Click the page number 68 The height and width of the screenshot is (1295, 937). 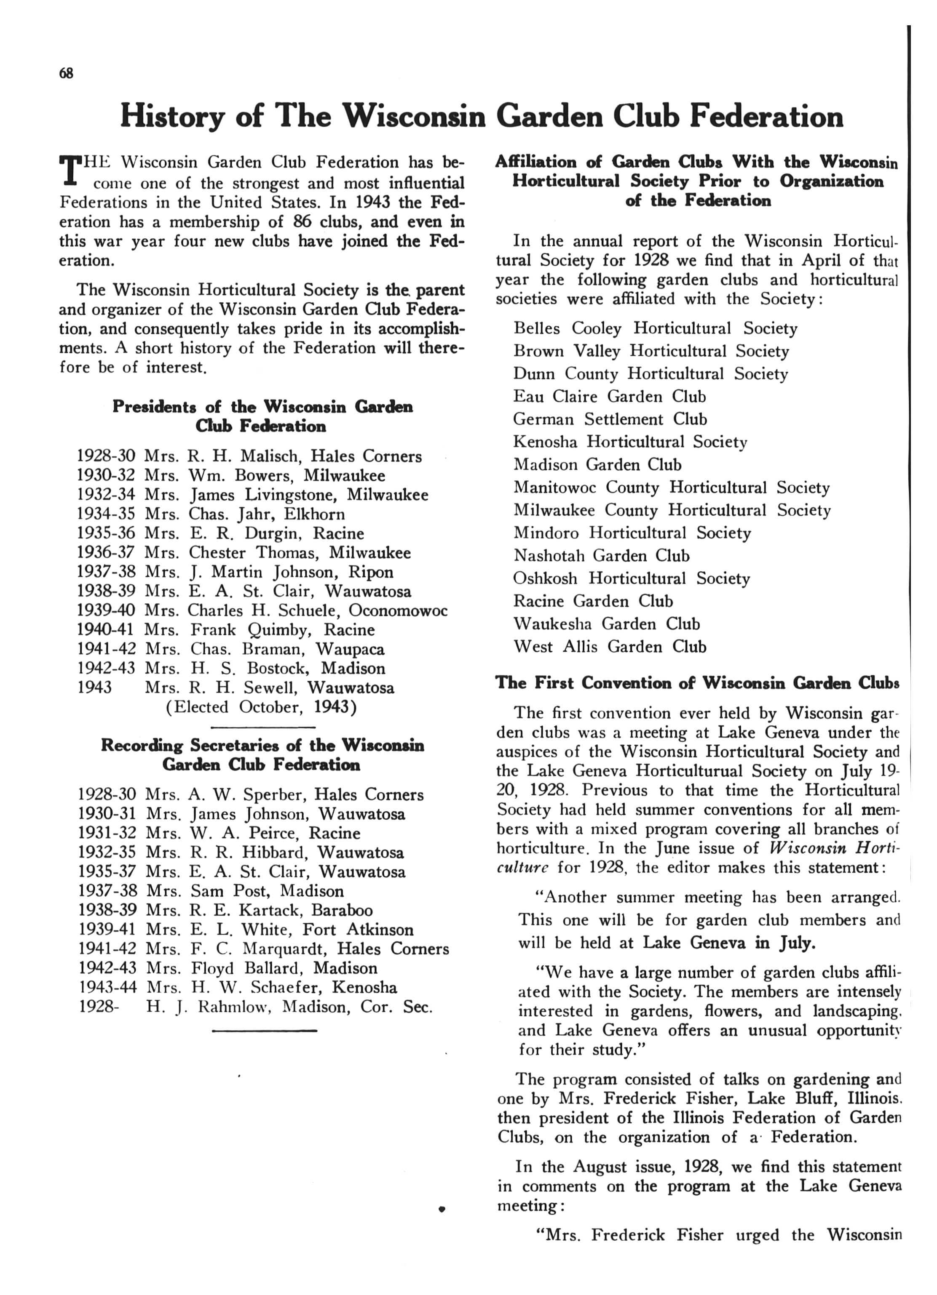click(66, 73)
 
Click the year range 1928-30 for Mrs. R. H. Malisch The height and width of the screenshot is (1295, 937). click(106, 456)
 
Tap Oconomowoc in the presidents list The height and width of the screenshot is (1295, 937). click(398, 610)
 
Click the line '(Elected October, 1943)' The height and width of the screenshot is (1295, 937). click(262, 707)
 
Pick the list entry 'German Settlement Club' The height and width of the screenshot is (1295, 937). click(610, 419)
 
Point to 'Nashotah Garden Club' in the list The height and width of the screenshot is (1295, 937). click(601, 556)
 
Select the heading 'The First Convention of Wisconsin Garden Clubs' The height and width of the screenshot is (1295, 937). click(696, 683)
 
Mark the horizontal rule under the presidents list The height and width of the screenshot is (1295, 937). click(263, 727)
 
